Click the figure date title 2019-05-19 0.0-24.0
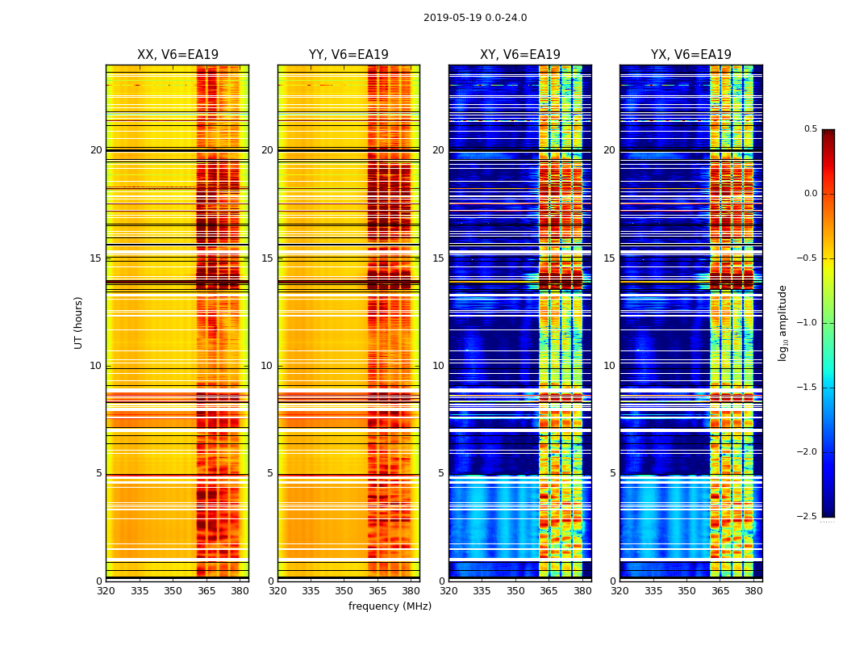[x=475, y=18]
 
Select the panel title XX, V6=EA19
[x=177, y=55]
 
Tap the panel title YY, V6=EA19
[x=348, y=55]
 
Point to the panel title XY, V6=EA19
[x=520, y=55]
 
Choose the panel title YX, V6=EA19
[x=691, y=55]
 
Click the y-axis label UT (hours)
[x=79, y=322]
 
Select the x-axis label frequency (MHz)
[x=390, y=606]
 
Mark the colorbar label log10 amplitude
[x=782, y=323]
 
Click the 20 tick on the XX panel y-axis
[x=96, y=150]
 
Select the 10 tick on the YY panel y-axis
[x=267, y=366]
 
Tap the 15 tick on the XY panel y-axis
[x=438, y=258]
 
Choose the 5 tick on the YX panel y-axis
[x=612, y=473]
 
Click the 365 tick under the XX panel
[x=207, y=591]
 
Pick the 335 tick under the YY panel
[x=311, y=591]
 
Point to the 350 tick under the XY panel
[x=515, y=591]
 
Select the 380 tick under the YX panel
[x=753, y=591]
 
